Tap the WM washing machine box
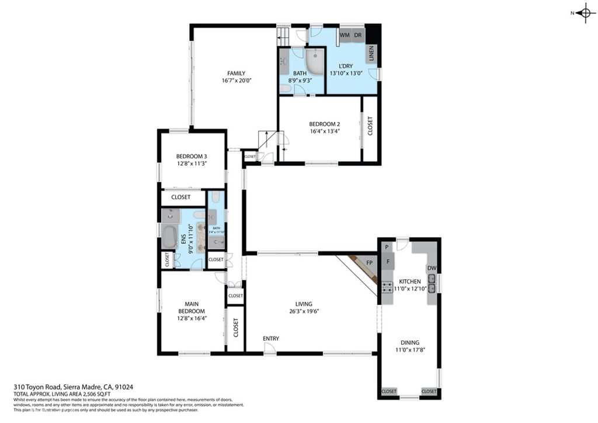345,35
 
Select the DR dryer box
357,35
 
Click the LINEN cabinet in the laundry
371,54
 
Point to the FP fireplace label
369,263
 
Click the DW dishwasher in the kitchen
432,268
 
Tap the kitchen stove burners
387,286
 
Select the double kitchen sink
432,284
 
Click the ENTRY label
271,339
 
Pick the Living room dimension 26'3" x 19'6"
304,311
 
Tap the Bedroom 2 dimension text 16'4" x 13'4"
324,131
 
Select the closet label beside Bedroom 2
370,126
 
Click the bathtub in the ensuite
169,238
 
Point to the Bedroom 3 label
192,156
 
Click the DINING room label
409,343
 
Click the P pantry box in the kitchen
387,248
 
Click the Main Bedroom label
192,307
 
